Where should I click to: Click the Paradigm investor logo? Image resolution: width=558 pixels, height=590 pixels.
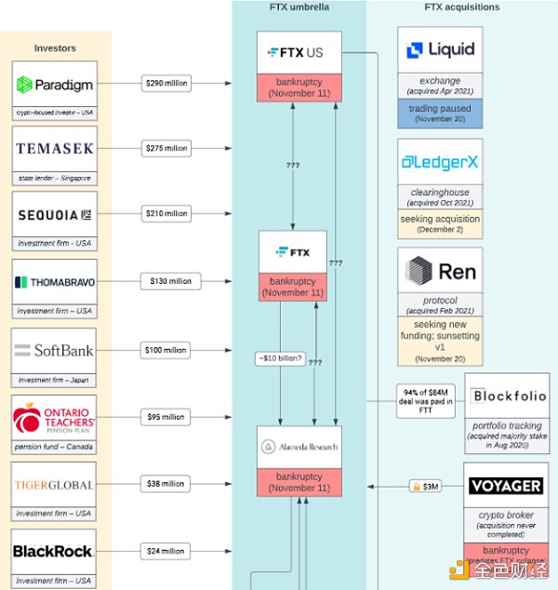(56, 85)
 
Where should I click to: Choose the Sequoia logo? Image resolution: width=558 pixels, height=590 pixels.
(56, 215)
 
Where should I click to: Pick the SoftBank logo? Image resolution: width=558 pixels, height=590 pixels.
(56, 350)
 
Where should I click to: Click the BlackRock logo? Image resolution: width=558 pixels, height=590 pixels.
(56, 551)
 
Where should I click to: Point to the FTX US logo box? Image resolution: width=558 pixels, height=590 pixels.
(299, 53)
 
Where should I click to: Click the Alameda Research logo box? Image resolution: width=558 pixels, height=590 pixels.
(299, 447)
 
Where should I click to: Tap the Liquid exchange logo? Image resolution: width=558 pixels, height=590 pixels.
(440, 49)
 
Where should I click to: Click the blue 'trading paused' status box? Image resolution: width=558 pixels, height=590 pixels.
(440, 114)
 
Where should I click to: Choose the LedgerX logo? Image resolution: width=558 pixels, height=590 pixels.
(440, 163)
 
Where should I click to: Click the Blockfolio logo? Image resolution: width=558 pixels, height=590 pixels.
(507, 396)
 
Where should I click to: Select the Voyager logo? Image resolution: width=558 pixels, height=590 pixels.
(507, 486)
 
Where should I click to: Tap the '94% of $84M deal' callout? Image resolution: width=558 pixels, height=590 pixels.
(425, 400)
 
